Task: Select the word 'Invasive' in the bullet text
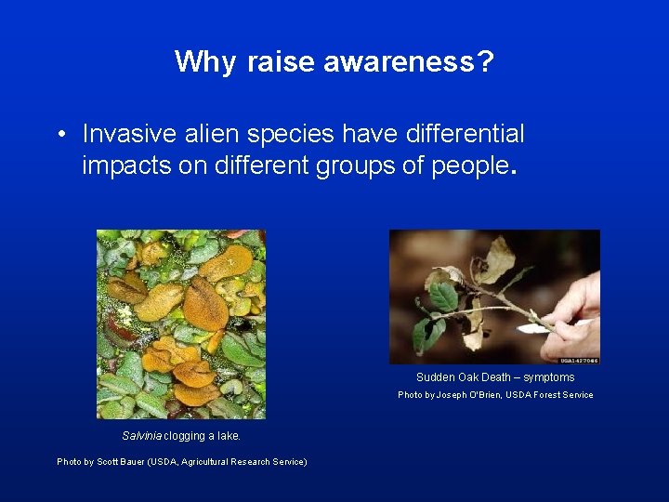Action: [119, 134]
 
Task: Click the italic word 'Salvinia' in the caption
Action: [142, 436]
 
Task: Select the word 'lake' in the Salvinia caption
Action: [228, 436]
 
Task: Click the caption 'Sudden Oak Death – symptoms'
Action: [495, 377]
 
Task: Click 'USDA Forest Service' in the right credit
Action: [552, 395]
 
